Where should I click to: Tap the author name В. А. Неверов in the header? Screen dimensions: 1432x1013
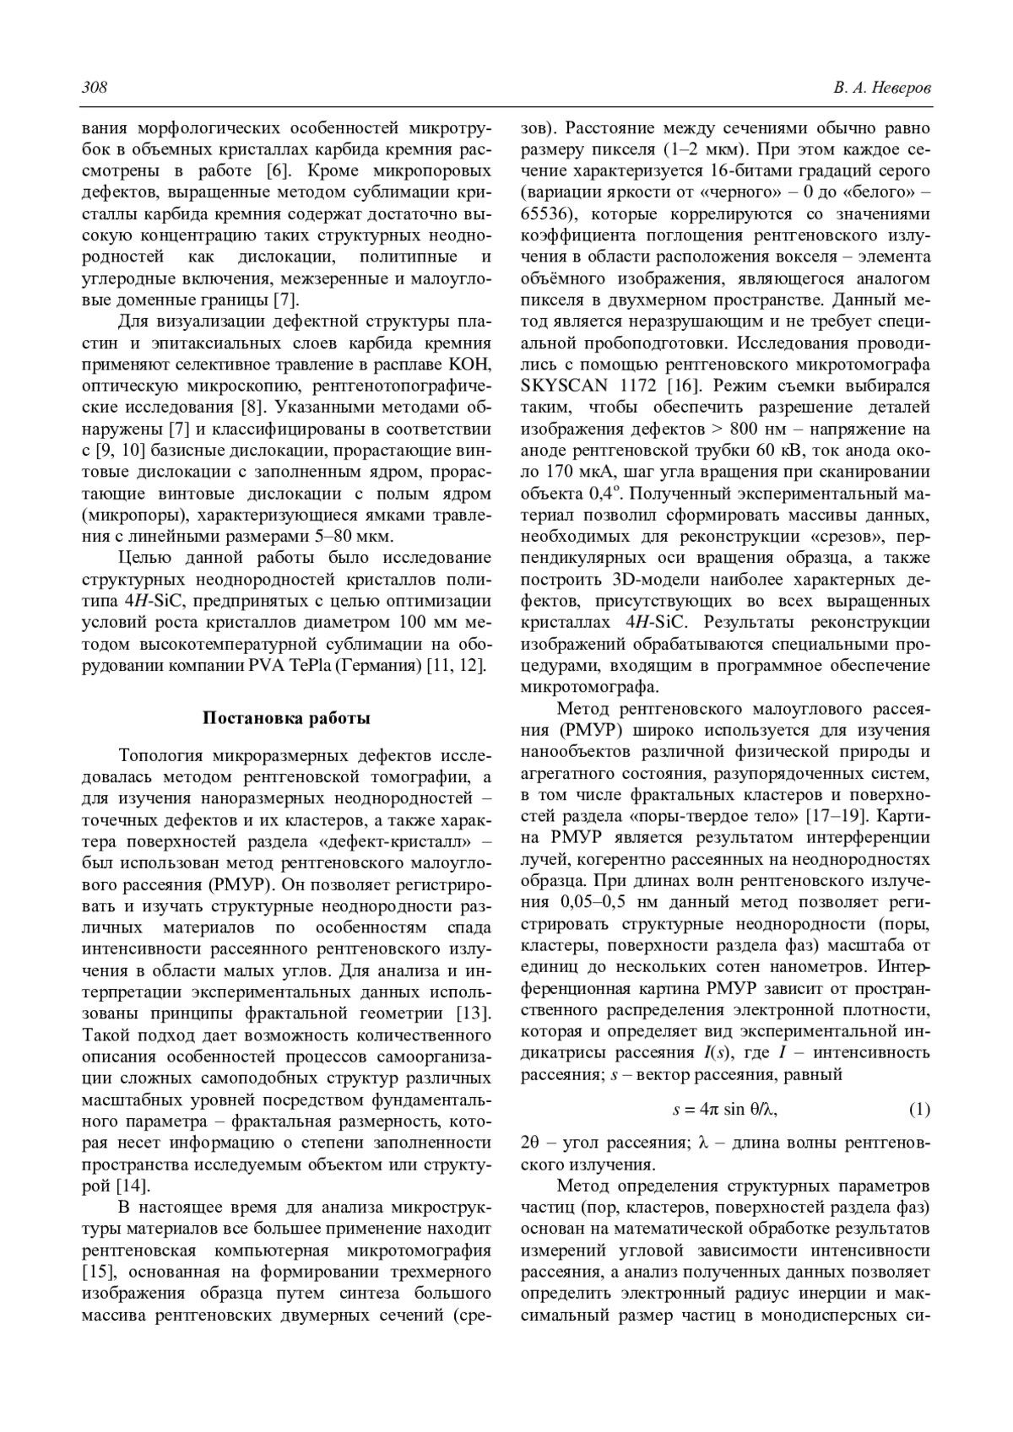[881, 89]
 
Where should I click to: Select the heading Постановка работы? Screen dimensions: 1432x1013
[286, 718]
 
